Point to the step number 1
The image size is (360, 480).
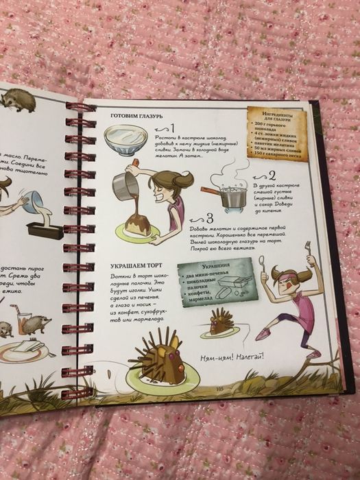coord(172,128)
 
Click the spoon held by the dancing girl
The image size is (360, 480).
coord(263,264)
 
